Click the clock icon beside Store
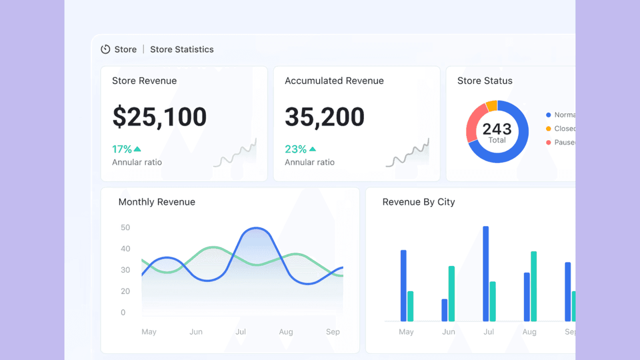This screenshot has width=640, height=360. pyautogui.click(x=105, y=49)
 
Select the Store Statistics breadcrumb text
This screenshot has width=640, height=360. pyautogui.click(x=182, y=49)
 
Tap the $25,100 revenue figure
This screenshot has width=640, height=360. pyautogui.click(x=159, y=117)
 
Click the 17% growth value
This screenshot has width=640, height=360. pyautogui.click(x=122, y=149)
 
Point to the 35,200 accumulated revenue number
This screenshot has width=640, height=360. pyautogui.click(x=324, y=117)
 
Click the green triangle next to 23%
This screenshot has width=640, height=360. pyautogui.click(x=313, y=149)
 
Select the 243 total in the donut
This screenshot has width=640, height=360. pyautogui.click(x=497, y=129)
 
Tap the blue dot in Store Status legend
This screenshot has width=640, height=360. pyautogui.click(x=548, y=115)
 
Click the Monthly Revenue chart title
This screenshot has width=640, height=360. pyautogui.click(x=157, y=202)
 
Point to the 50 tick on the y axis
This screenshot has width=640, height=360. pyautogui.click(x=125, y=228)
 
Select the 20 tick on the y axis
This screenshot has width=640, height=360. pyautogui.click(x=125, y=291)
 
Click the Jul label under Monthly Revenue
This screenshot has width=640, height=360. pyautogui.click(x=240, y=332)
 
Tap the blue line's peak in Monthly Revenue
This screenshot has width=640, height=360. pyautogui.click(x=256, y=228)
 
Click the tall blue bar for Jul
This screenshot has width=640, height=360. pyautogui.click(x=486, y=274)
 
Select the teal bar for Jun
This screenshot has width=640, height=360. pyautogui.click(x=452, y=294)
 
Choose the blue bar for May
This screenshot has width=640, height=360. pyautogui.click(x=403, y=286)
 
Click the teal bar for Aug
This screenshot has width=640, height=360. pyautogui.click(x=534, y=286)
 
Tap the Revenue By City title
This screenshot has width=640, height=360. pyautogui.click(x=418, y=202)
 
